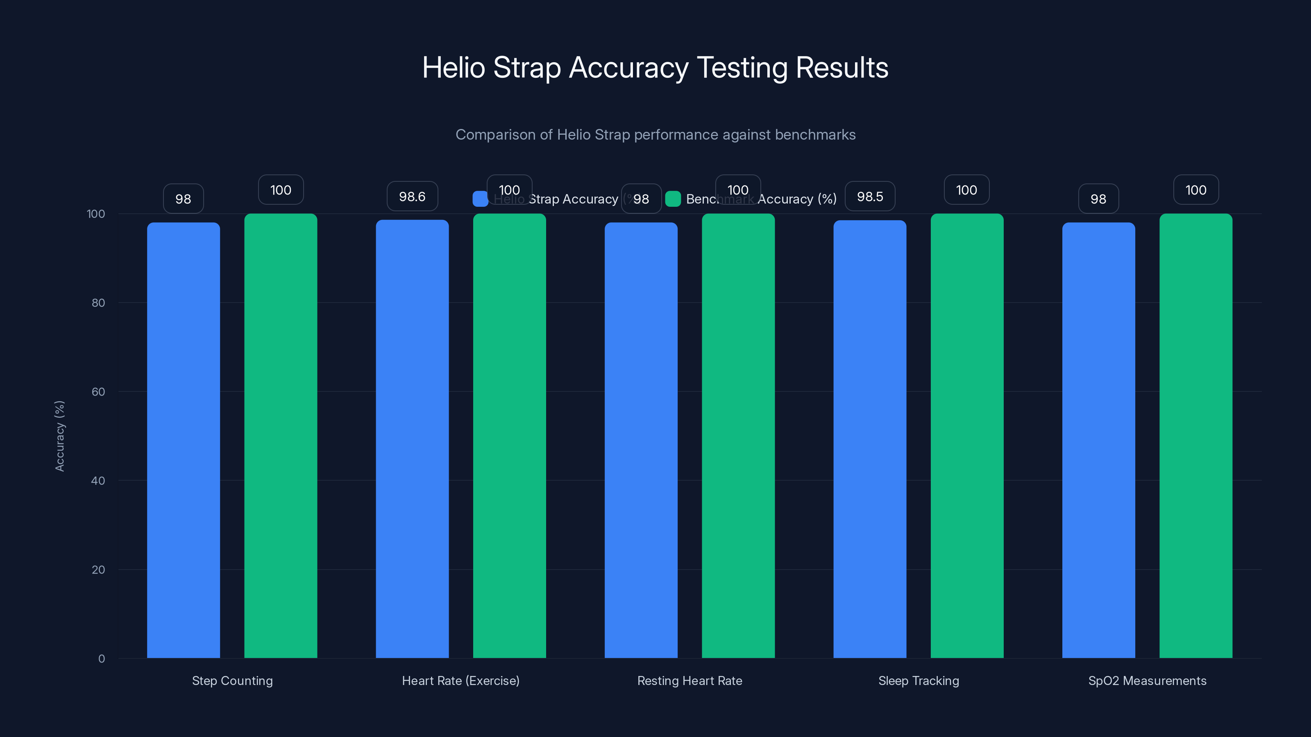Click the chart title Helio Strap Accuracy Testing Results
pyautogui.click(x=655, y=68)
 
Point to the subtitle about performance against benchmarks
pyautogui.click(x=655, y=135)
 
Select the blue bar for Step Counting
pyautogui.click(x=183, y=440)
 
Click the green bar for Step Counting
pyautogui.click(x=280, y=436)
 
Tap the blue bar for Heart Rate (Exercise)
pyautogui.click(x=412, y=439)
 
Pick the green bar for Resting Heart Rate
pyautogui.click(x=738, y=436)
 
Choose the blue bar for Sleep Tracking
pyautogui.click(x=870, y=439)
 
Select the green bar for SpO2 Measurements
pyautogui.click(x=1195, y=436)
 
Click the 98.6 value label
pyautogui.click(x=412, y=197)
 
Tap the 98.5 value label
pyautogui.click(x=870, y=197)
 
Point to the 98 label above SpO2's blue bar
pyautogui.click(x=1098, y=199)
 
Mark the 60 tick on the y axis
pyautogui.click(x=98, y=392)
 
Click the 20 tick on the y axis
pyautogui.click(x=98, y=570)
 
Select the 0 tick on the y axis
pyautogui.click(x=101, y=659)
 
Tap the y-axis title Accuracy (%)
pyautogui.click(x=59, y=436)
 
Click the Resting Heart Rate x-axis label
pyautogui.click(x=690, y=680)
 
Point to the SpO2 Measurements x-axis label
pyautogui.click(x=1147, y=680)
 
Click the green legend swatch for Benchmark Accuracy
pyautogui.click(x=673, y=199)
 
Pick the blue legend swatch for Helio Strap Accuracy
pyautogui.click(x=480, y=199)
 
